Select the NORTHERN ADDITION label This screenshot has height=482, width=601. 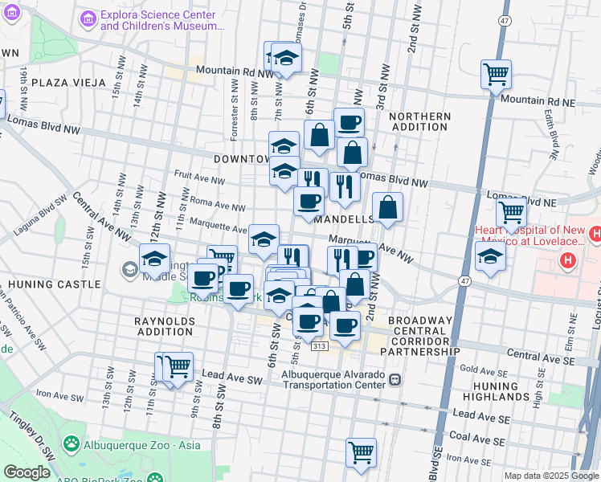click(x=419, y=122)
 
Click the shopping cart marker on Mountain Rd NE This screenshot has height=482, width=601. click(x=497, y=74)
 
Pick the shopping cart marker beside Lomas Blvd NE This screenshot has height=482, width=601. click(x=512, y=213)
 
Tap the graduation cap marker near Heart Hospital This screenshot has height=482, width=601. click(x=490, y=257)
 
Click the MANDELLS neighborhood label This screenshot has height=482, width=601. click(x=345, y=219)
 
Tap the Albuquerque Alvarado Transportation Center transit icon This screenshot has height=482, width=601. click(x=395, y=379)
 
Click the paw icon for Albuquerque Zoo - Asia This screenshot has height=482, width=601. click(x=72, y=443)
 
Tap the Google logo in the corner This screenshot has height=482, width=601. click(x=27, y=472)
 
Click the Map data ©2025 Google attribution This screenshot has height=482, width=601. click(x=550, y=476)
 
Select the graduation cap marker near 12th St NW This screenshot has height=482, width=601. click(x=154, y=258)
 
